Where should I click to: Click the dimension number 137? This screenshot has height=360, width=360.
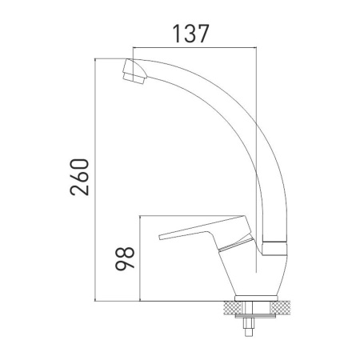coord(190,34)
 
